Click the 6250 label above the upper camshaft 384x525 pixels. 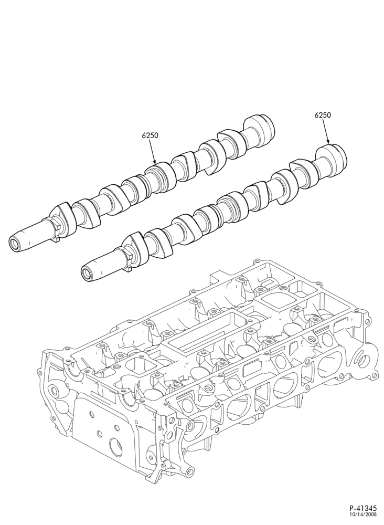click(150, 135)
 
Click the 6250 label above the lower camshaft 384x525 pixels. click(323, 115)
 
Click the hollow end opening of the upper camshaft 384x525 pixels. click(14, 244)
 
